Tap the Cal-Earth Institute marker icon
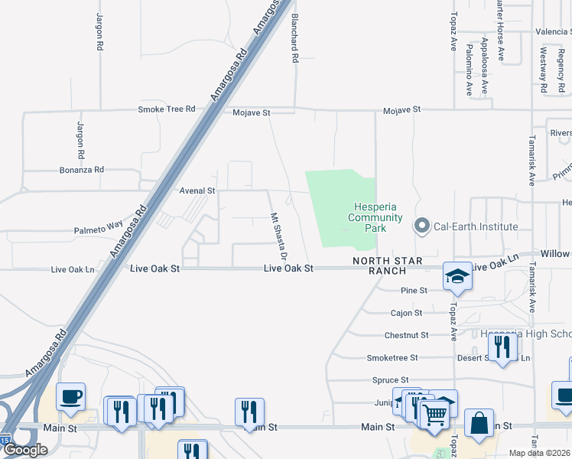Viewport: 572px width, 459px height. (x=421, y=226)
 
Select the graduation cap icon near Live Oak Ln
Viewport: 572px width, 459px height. (x=457, y=276)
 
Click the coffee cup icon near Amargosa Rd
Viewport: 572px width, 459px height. (x=70, y=396)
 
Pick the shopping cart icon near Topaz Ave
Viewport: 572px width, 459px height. (x=435, y=415)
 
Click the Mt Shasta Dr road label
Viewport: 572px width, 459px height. (x=274, y=235)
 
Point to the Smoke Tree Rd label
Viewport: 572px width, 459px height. (x=167, y=109)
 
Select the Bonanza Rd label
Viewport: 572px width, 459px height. (x=82, y=170)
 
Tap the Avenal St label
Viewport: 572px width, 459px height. (x=197, y=190)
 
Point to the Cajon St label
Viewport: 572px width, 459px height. (x=406, y=313)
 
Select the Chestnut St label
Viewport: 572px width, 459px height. (x=406, y=335)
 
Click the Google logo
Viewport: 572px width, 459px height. (x=25, y=450)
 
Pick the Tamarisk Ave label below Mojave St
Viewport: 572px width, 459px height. (x=531, y=161)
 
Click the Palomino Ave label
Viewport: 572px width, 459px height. (x=469, y=70)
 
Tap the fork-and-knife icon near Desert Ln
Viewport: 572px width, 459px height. (x=502, y=347)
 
